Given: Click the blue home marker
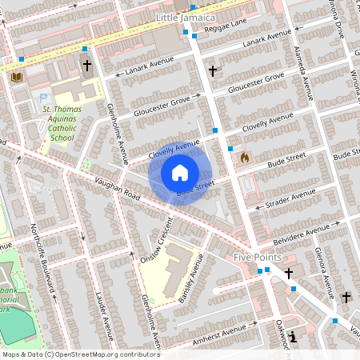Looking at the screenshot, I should coord(180,172).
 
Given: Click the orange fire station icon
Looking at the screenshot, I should coord(245,158).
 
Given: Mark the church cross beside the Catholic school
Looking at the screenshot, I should coord(86,66).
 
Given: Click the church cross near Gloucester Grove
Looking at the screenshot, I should coord(212,71).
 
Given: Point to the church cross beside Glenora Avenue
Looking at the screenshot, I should coord(346,298).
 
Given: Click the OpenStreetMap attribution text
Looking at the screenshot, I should coord(80,354).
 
